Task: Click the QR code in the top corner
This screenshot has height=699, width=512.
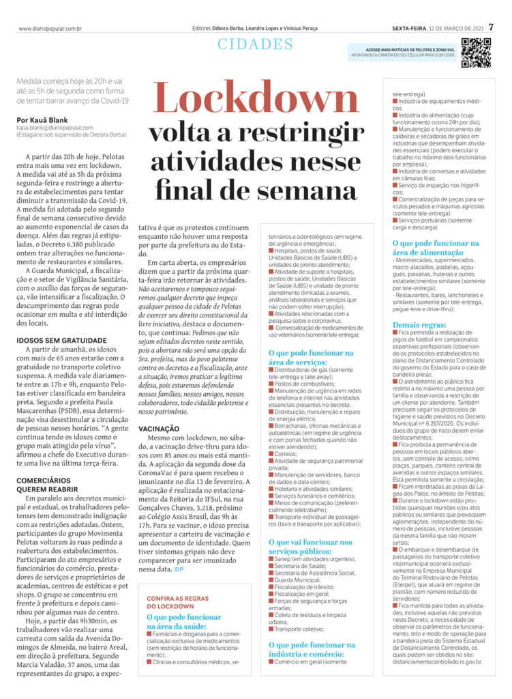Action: pos(475,53)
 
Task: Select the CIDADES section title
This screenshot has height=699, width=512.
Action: pos(256,46)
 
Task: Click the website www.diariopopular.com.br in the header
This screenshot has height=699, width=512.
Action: pos(50,28)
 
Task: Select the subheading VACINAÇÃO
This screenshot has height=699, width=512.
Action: pos(159,447)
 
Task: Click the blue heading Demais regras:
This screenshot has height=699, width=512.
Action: pos(419,325)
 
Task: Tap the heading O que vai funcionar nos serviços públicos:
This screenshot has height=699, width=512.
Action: pos(311,547)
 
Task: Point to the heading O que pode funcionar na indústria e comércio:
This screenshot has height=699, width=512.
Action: pos(311,648)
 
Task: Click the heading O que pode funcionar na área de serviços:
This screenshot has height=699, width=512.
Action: pos(311,358)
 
